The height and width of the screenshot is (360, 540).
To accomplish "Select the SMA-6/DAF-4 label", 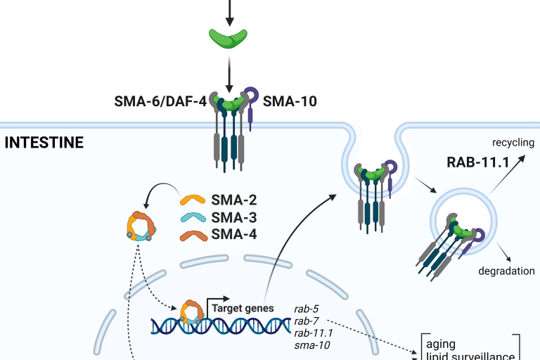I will click(160, 101).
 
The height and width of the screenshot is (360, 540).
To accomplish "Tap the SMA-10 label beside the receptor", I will click(290, 101).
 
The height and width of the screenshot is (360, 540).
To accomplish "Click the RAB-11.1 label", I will click(477, 164).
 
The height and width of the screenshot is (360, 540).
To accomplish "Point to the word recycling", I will click(513, 143).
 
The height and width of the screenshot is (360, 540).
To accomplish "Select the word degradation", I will click(506, 271).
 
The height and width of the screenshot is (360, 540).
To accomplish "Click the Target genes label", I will click(239, 307).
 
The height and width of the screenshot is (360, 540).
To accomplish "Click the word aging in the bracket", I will click(441, 345).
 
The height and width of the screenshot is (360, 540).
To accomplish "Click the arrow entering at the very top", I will click(229, 11).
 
